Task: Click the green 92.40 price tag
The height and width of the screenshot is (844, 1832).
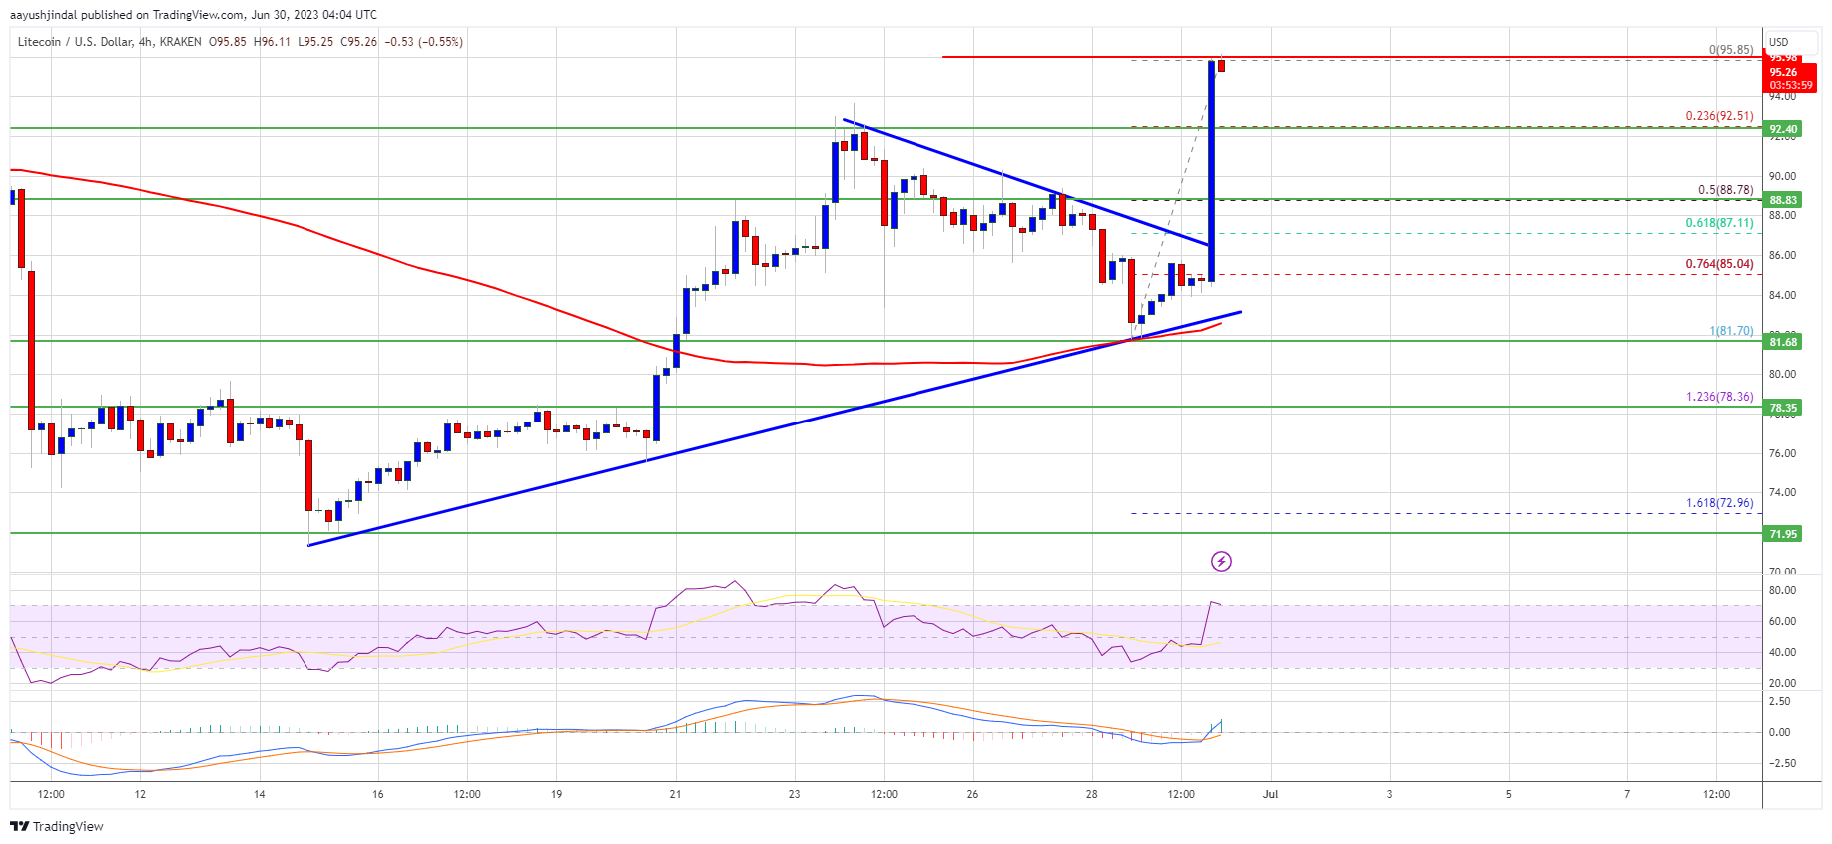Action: pyautogui.click(x=1783, y=129)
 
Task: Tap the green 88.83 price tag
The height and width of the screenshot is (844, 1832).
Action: pyautogui.click(x=1783, y=200)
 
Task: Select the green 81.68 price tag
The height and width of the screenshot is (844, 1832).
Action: pyautogui.click(x=1783, y=342)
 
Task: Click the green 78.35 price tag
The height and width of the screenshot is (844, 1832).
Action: pyautogui.click(x=1783, y=408)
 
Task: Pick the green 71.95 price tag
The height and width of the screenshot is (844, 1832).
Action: pyautogui.click(x=1783, y=534)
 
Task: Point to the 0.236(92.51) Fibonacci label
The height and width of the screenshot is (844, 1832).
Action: pyautogui.click(x=1719, y=116)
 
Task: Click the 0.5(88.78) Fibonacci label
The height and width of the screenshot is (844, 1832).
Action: pyautogui.click(x=1725, y=190)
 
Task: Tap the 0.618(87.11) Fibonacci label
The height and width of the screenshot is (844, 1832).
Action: pyautogui.click(x=1719, y=223)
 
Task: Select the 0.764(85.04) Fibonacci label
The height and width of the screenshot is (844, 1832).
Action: pyautogui.click(x=1719, y=264)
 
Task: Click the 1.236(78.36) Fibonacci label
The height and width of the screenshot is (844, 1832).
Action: pyautogui.click(x=1719, y=397)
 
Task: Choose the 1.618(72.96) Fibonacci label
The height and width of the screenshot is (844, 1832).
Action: pyautogui.click(x=1719, y=503)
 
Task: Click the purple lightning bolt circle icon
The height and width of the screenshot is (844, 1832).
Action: pyautogui.click(x=1221, y=562)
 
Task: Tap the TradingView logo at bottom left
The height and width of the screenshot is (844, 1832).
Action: pyautogui.click(x=57, y=826)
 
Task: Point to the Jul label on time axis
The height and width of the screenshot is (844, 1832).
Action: pyautogui.click(x=1270, y=795)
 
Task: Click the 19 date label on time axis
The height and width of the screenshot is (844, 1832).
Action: pyautogui.click(x=556, y=795)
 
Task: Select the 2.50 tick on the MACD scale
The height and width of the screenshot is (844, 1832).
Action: pyautogui.click(x=1779, y=701)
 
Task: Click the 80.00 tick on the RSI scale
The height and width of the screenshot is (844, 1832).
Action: pyautogui.click(x=1781, y=590)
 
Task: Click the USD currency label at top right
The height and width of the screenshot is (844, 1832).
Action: pyautogui.click(x=1778, y=42)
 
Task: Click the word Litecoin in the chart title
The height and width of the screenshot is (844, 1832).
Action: pyautogui.click(x=39, y=42)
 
